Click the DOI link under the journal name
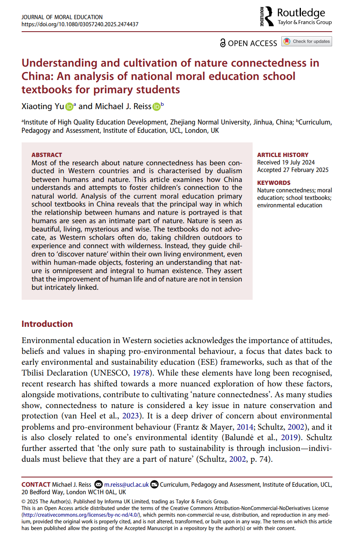pos(79,24)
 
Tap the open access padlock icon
pos(223,43)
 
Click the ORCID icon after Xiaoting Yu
pos(69,107)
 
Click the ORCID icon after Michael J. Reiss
pos(156,107)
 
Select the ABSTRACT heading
pos(47,155)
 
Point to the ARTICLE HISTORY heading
pos(283,155)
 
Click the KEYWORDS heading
pos(273,183)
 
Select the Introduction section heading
pos(47,324)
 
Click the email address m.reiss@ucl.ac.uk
pos(126,484)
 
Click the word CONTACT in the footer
pos(36,484)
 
